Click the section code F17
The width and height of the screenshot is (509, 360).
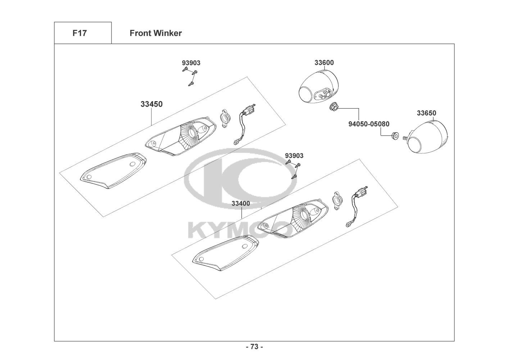79,33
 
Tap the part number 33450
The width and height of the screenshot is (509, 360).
151,104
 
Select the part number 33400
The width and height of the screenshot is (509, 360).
241,203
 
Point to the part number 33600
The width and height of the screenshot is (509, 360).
324,63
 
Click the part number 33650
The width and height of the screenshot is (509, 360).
427,113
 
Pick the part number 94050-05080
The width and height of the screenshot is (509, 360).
369,124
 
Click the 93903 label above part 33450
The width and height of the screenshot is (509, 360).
191,63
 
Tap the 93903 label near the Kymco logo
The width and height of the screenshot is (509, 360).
294,156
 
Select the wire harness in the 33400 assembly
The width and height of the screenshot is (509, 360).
356,207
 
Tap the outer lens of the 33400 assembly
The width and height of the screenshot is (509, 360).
226,253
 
